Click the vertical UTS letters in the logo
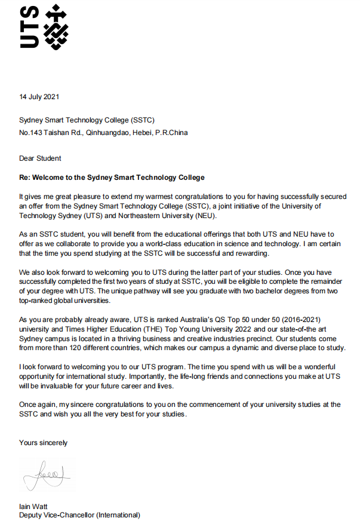point(29,27)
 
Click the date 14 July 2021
point(39,96)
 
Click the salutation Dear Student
point(40,158)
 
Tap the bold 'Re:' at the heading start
point(26,177)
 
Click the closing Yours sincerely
point(43,443)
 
